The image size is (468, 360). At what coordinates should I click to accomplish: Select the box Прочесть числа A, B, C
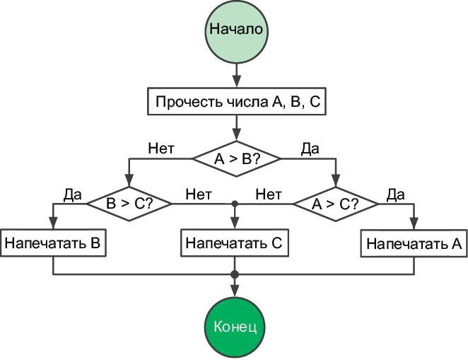(x=236, y=102)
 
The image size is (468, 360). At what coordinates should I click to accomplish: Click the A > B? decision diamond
(x=236, y=159)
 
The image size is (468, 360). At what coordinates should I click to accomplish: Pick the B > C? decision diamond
(x=129, y=203)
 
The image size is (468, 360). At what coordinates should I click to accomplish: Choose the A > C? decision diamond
(x=336, y=203)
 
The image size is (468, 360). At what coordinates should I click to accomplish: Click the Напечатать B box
(x=54, y=243)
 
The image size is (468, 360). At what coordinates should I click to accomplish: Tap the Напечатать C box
(x=234, y=243)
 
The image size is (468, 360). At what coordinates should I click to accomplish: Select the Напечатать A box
(x=414, y=245)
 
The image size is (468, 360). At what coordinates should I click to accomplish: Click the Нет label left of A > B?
(x=161, y=149)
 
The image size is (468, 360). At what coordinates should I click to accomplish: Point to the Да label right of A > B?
(x=310, y=149)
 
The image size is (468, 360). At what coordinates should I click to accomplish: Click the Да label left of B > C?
(x=73, y=192)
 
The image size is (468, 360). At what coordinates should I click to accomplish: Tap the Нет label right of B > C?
(x=198, y=192)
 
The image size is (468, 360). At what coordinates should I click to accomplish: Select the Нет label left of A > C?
(x=269, y=192)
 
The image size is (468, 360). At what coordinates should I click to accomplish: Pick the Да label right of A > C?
(x=395, y=192)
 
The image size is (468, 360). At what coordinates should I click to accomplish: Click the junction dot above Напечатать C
(x=234, y=203)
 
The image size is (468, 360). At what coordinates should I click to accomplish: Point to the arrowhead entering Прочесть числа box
(x=235, y=82)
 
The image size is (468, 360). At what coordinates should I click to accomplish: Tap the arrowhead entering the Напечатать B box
(x=54, y=224)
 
